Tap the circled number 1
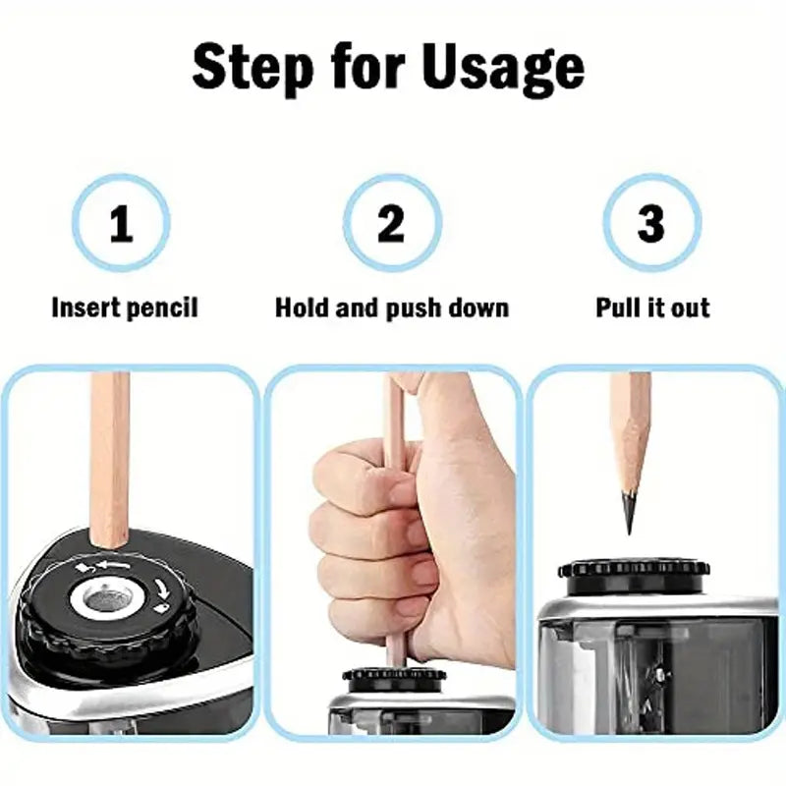tap(120, 223)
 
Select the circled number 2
tap(391, 223)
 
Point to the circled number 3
tap(651, 223)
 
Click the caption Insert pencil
tap(125, 308)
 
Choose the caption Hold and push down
tap(392, 308)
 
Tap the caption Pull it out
tap(652, 308)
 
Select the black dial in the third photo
tap(634, 573)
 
